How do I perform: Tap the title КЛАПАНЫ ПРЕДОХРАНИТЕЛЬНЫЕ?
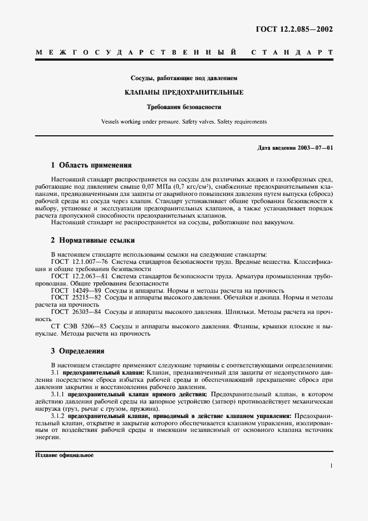[184, 92]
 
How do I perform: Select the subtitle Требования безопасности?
[184, 106]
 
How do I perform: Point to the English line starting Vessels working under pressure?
[184, 121]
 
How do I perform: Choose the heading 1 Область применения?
[91, 165]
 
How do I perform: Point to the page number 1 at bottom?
[331, 465]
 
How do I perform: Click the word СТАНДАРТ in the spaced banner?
[292, 53]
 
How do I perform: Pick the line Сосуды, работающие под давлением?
[184, 78]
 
